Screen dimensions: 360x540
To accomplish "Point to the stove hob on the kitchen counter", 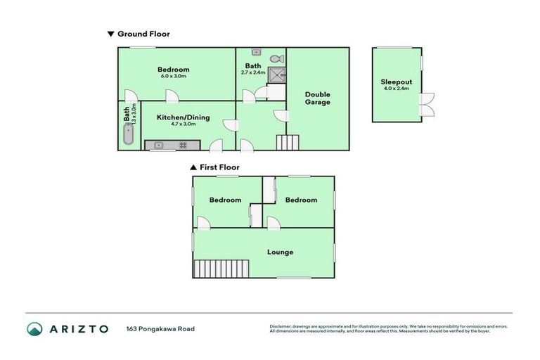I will pos(183,146).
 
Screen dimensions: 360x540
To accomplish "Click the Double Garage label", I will pos(317,98).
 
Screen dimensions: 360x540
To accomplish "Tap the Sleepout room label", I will pos(396,81).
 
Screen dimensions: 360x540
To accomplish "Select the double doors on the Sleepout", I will pos(426,105).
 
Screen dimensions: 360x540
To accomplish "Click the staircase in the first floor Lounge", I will pos(222,268).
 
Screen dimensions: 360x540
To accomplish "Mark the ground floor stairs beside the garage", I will pos(287,142).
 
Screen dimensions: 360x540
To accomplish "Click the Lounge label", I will pos(280,252).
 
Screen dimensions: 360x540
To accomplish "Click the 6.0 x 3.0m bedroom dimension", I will pos(173,76).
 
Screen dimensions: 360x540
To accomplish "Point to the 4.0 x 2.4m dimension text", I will pos(396,89).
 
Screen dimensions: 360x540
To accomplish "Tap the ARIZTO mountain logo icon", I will pos(34,328).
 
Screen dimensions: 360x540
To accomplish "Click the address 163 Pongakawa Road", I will pos(160,328).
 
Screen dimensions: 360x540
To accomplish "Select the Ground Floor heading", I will pos(143,34).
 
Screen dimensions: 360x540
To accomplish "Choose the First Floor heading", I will pos(219,167).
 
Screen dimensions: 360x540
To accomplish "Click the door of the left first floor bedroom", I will pos(202,223).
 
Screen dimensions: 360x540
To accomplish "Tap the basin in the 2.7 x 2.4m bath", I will pos(257,52).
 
